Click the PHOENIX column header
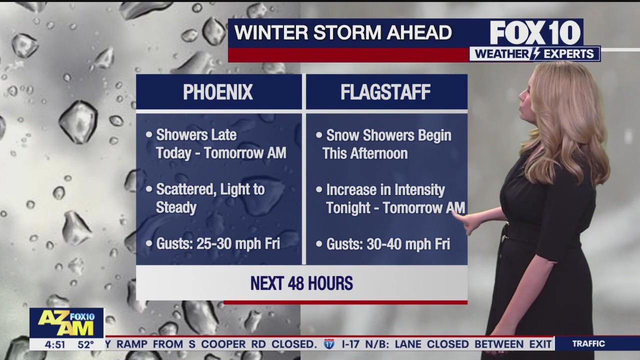(x=218, y=92)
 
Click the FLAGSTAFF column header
(x=385, y=92)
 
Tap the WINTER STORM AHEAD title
(x=343, y=32)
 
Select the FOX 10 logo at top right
(x=535, y=32)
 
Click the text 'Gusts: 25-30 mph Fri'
(x=217, y=243)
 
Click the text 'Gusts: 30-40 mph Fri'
(x=388, y=244)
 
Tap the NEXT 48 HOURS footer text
(x=301, y=283)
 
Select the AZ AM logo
(x=66, y=323)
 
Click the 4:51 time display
(x=54, y=344)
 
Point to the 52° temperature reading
(x=85, y=344)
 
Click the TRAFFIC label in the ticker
(x=588, y=344)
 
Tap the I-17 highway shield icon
(x=329, y=344)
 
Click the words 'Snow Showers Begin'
(x=388, y=135)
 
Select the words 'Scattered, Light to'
(x=210, y=189)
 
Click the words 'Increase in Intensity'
(x=385, y=189)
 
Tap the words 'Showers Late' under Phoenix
(x=196, y=135)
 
